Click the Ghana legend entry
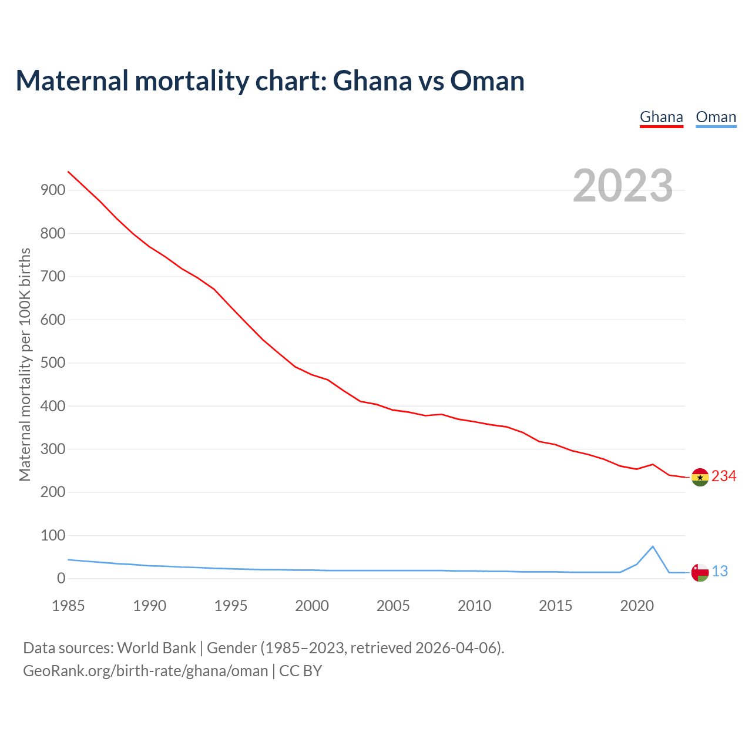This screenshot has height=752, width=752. coord(661,117)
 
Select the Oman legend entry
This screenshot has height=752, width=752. coord(716,117)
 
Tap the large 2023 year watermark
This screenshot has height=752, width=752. coord(623,185)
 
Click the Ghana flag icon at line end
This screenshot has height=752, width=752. coord(700,477)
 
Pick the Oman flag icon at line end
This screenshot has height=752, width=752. coord(700,572)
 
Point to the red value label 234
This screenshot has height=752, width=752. coord(724,476)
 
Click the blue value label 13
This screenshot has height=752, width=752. coord(720,571)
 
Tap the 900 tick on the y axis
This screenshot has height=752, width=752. coord(53,190)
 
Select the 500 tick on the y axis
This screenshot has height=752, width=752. coord(53,363)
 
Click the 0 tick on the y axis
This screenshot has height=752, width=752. coord(61,579)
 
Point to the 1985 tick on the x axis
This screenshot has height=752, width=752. coord(69,606)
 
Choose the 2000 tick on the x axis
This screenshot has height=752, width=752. coord(312,606)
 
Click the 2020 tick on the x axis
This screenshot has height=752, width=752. coord(637,606)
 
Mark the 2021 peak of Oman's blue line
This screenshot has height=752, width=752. coord(653,547)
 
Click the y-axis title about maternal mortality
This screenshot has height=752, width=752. coord(25,364)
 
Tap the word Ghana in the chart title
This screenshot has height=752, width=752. coord(372,80)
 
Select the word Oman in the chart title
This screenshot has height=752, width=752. coord(487,80)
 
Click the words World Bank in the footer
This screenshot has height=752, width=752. coord(156,648)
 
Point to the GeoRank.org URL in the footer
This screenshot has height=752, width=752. coord(145,671)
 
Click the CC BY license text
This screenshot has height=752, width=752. coord(300,671)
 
